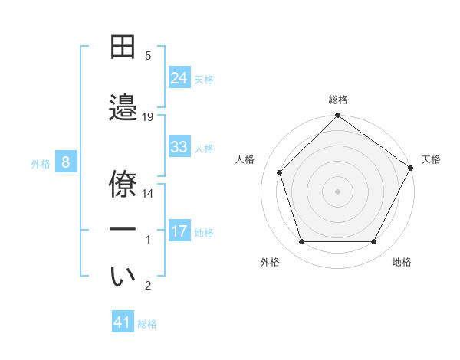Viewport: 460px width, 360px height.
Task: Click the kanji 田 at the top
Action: tap(123, 47)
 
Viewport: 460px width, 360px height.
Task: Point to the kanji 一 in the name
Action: tap(123, 229)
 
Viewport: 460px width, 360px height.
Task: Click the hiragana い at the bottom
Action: tap(123, 277)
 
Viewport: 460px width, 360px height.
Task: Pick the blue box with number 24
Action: tap(179, 77)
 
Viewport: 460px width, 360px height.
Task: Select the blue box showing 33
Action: tap(179, 147)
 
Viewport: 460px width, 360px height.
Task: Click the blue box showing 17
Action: tap(179, 231)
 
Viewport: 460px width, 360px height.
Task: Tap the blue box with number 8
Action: tap(66, 162)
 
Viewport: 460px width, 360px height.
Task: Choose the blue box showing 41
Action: tap(123, 322)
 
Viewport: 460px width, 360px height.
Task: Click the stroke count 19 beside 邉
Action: tap(148, 116)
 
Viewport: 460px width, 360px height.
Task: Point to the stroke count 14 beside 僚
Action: tap(148, 194)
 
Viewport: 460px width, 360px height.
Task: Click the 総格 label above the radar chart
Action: tap(338, 100)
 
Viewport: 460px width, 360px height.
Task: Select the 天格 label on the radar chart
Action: tap(431, 159)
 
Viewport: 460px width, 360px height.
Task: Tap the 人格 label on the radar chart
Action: tap(245, 159)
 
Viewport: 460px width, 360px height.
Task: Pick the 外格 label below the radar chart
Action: tap(270, 262)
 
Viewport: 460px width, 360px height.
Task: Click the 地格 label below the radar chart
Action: tap(402, 262)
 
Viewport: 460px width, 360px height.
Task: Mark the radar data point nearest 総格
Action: tap(337, 116)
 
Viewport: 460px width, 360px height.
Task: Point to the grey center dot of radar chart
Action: tap(337, 191)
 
